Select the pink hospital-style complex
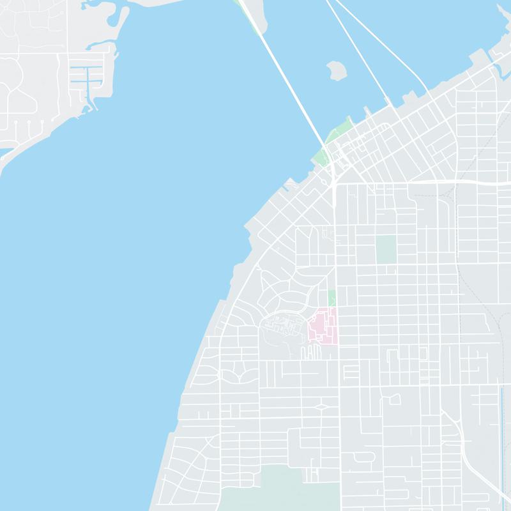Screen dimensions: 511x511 point(324,326)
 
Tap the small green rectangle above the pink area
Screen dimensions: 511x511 point(332,297)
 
